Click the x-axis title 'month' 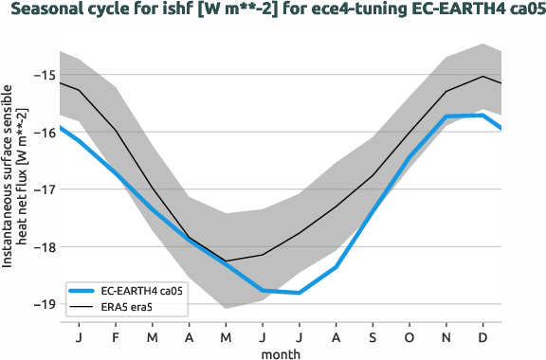click(282, 352)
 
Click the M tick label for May click(226, 336)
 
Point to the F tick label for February click(115, 336)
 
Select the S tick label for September click(373, 336)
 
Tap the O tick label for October click(410, 336)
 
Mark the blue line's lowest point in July click(300, 293)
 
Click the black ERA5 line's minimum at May click(226, 261)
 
